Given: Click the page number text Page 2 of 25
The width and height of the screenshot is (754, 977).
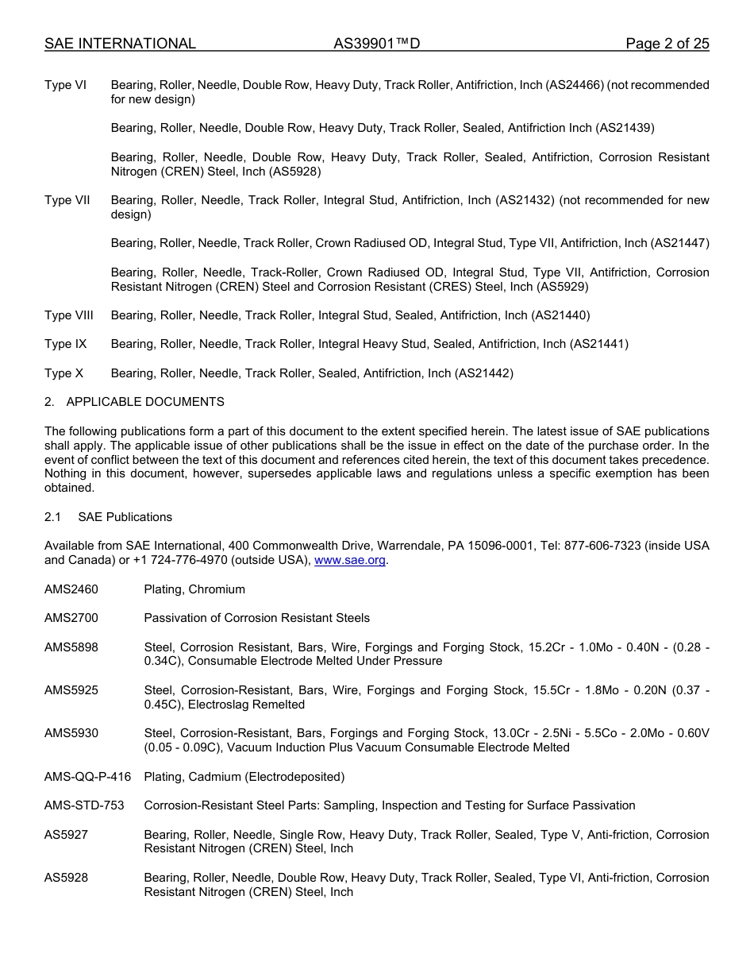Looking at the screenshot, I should click(667, 44).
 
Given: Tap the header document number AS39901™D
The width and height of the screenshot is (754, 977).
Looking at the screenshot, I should click(376, 44).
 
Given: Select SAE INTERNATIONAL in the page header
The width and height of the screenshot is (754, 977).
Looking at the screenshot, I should click(120, 44).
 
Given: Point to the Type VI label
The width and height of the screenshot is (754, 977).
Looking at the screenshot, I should click(65, 85).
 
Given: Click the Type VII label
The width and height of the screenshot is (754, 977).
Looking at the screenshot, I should click(67, 200).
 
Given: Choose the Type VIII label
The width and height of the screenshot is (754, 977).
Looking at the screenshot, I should click(69, 315).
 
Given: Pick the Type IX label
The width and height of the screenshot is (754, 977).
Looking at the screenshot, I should click(66, 344).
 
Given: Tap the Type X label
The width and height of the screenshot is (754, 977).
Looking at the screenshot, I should click(63, 373).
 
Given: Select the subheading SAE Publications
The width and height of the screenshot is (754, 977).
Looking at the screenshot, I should click(125, 517).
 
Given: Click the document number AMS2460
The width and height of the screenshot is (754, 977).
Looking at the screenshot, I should click(71, 589).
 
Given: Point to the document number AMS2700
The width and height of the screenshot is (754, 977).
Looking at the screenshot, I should click(71, 618).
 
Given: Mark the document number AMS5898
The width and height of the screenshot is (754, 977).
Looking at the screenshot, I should click(71, 647).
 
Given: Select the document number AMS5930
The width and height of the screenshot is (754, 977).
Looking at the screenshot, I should click(71, 733).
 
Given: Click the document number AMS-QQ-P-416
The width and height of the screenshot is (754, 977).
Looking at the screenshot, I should click(87, 777).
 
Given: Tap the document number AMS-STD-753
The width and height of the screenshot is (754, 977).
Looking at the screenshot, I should click(84, 805).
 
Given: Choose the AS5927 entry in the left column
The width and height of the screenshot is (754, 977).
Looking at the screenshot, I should click(66, 835).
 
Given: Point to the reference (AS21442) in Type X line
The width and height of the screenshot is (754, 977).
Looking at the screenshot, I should click(484, 373).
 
